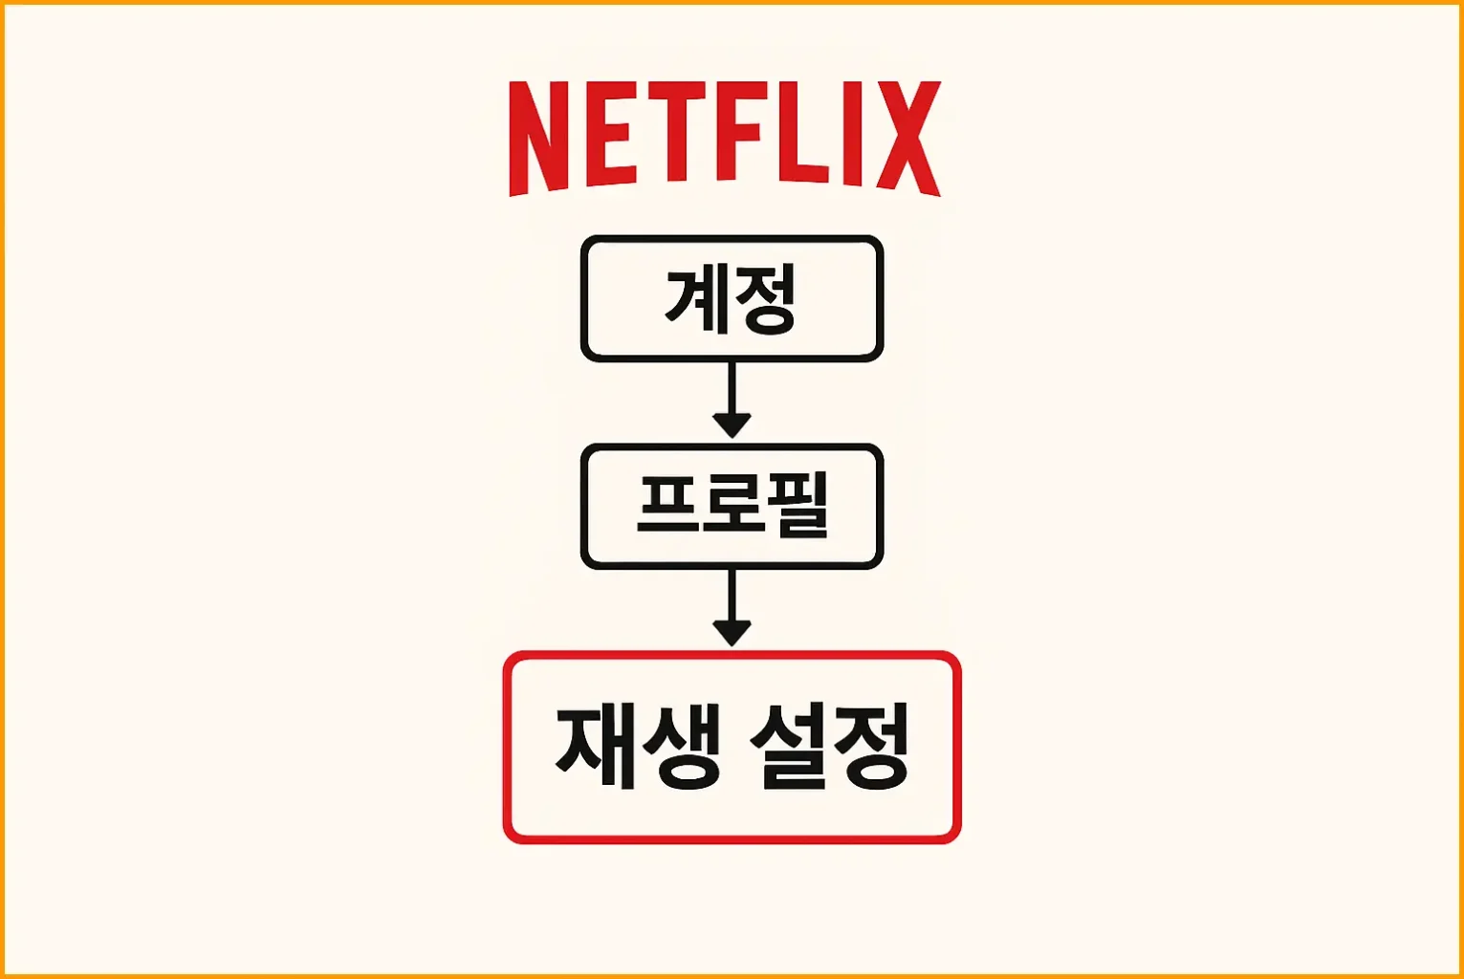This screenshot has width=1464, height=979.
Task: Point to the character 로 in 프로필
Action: pyautogui.click(x=732, y=506)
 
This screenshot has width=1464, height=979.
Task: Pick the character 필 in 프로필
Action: pyautogui.click(x=798, y=506)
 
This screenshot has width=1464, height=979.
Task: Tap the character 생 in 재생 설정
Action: pyautogui.click(x=682, y=747)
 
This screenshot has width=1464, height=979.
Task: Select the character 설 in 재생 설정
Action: pyautogui.click(x=787, y=747)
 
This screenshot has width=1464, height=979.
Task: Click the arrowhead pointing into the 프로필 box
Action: pyautogui.click(x=732, y=424)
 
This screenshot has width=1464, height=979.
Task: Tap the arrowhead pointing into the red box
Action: pyautogui.click(x=732, y=632)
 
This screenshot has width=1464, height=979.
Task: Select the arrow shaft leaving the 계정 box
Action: pyautogui.click(x=732, y=387)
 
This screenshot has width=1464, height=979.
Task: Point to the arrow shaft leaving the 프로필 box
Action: pyautogui.click(x=732, y=595)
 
